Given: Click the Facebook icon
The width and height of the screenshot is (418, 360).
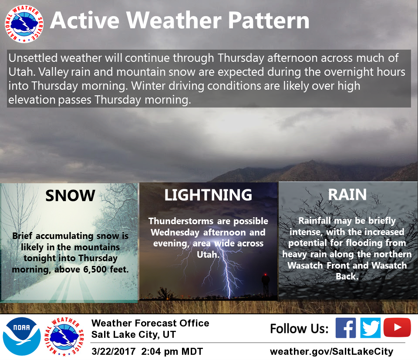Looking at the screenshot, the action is pos(345,328).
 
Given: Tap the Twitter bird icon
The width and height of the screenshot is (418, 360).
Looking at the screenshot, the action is pos(370,328).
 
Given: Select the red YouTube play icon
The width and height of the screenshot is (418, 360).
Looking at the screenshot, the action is pos(397,327).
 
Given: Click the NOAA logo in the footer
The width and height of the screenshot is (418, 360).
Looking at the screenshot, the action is pos(22,336).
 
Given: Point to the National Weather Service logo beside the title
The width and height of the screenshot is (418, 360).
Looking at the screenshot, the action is pos(24,24).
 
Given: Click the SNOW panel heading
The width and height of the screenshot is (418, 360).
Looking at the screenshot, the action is pos(70,195).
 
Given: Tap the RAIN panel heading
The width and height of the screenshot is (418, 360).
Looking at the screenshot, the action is pos(347,194).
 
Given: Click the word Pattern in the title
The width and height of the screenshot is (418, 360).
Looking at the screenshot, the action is pos(269,20).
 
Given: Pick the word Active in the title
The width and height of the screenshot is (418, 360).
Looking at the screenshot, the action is pos(84,20).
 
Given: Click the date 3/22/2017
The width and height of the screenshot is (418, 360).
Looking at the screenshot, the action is pos(114,351).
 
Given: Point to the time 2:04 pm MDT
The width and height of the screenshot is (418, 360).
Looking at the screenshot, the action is pos(172,351).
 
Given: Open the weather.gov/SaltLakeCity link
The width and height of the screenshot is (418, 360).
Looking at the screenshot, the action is pos(331,351).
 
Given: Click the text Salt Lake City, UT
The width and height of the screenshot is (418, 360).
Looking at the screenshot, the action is pos(134,334).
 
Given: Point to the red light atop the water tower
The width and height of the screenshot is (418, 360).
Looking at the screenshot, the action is pos(265,274).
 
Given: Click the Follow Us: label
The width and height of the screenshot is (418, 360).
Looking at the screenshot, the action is pos(299,328).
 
